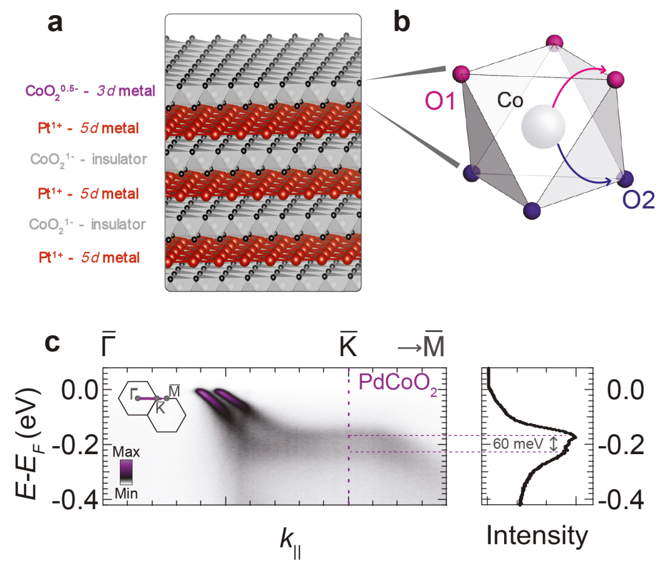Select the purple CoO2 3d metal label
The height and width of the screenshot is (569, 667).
pos(90,91)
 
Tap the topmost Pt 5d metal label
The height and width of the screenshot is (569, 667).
pos(88,128)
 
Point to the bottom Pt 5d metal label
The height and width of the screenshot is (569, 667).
pos(88,258)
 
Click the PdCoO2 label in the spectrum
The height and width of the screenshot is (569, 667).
pos(397,382)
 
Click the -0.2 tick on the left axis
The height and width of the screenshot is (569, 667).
pos(82,445)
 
